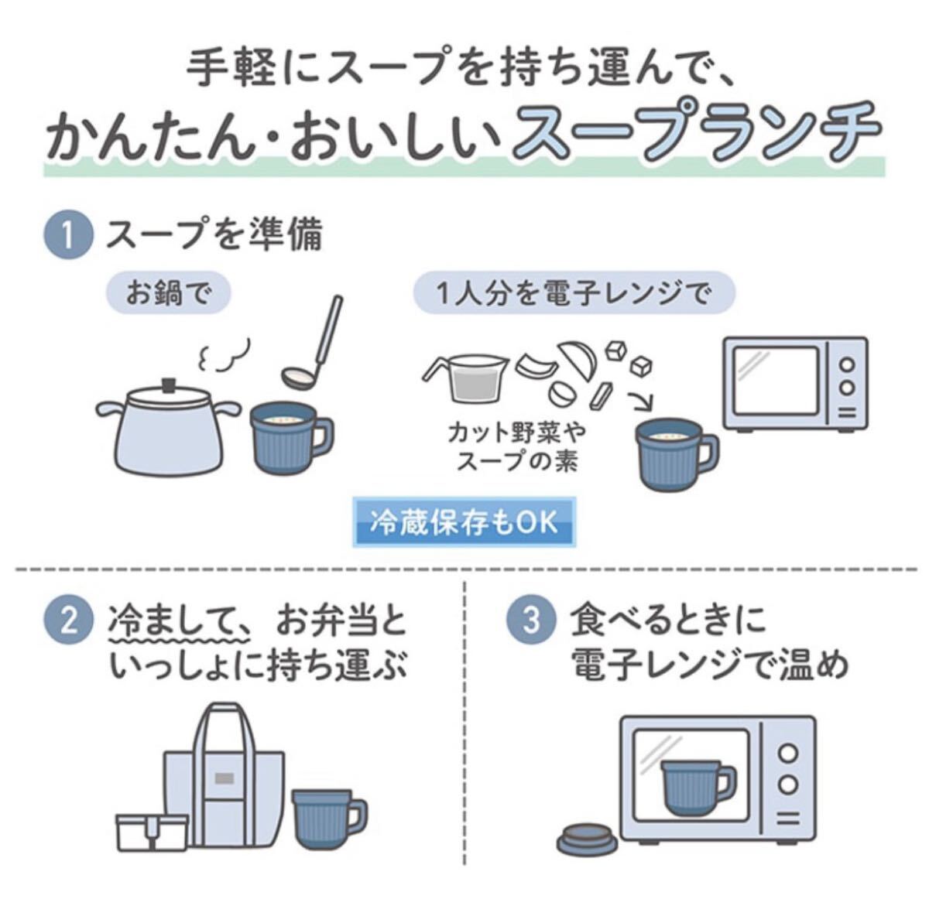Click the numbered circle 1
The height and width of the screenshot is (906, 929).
[68, 236]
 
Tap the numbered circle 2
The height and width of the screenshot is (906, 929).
[68, 621]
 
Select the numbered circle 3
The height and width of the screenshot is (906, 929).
[531, 621]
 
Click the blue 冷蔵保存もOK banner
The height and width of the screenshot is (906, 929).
[464, 522]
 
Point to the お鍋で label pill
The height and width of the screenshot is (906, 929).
[169, 293]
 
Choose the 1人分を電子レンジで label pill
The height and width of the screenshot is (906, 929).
[574, 293]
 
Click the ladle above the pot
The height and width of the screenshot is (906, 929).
[313, 341]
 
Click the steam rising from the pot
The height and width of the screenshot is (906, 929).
[224, 354]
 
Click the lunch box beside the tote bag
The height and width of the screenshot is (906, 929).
[153, 832]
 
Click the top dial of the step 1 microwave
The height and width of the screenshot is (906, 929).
[847, 365]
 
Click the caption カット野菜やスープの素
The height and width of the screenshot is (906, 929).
[517, 447]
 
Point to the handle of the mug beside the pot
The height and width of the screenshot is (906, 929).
[323, 436]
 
